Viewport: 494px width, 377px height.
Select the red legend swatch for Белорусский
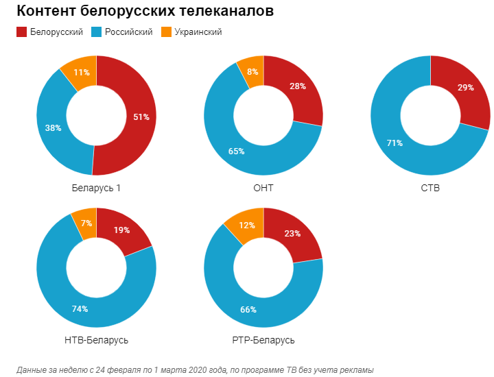21,32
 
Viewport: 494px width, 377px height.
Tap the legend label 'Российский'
128,32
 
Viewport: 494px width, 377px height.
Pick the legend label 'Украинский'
198,32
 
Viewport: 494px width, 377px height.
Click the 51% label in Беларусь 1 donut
141,117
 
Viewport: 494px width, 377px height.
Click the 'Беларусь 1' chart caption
96,187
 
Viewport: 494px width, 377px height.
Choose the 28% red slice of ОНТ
297,86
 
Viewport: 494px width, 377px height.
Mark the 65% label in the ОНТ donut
236,151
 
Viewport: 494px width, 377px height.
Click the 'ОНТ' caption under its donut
263,187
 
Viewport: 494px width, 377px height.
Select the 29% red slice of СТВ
465,88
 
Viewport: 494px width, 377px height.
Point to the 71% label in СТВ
395,143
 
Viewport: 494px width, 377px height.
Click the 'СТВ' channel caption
430,187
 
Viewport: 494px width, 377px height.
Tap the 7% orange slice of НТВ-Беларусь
86,223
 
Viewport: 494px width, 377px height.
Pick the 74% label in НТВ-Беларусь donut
80,309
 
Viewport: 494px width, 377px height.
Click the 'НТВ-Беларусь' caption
96,340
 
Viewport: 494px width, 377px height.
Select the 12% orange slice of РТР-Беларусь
248,226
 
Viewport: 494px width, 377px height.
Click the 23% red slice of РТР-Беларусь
292,234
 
